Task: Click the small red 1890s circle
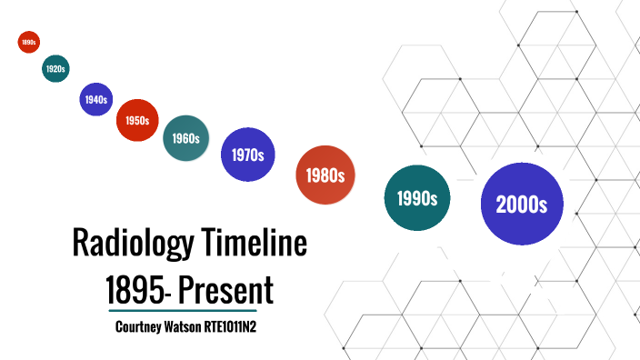coord(28,42)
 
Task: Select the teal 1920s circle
coord(55,68)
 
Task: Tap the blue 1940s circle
coord(95,100)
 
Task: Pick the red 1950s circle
coord(138,120)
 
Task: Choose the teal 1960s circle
coord(186,138)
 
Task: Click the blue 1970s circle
coord(247,155)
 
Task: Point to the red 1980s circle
coord(325,175)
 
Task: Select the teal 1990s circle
coord(417,197)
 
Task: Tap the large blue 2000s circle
coord(522,204)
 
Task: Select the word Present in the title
coord(225,291)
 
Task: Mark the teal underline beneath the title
coord(189,311)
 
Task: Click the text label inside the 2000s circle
coord(522,205)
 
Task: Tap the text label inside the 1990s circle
coord(417,198)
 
